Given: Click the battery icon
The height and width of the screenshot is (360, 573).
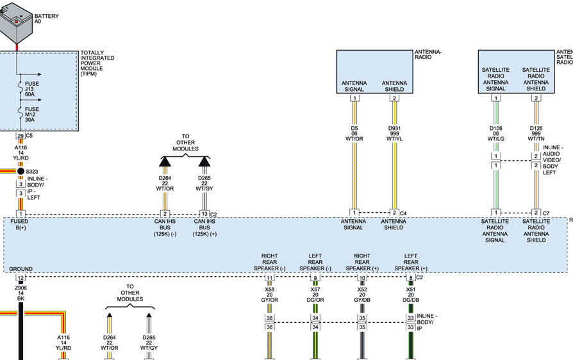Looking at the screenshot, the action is tap(15, 22).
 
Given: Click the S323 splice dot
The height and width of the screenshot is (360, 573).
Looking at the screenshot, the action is tap(21, 171).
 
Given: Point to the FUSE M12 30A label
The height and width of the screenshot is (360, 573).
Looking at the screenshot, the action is tap(32, 114).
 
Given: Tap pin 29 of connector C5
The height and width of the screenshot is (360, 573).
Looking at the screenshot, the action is tap(21, 136).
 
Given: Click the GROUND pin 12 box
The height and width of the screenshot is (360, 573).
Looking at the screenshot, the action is tap(21, 278).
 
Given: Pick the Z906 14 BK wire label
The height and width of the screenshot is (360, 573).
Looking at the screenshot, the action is tap(21, 293).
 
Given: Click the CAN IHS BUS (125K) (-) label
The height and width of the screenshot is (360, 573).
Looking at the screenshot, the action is tap(165, 227).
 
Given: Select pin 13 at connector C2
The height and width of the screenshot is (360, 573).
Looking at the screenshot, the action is tap(204, 213).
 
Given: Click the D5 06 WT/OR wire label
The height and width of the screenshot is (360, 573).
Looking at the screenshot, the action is tap(354, 134).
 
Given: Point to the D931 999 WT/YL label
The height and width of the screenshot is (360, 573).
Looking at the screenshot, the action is tap(394, 134).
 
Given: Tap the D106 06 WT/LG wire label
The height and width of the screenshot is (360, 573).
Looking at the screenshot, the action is tap(496, 134).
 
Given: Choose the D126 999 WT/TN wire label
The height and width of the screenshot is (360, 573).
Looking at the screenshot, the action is tap(536, 134).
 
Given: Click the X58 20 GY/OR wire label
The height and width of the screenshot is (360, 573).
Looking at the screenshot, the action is tap(269, 295).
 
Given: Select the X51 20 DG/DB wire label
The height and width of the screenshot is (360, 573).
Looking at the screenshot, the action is tap(411, 295).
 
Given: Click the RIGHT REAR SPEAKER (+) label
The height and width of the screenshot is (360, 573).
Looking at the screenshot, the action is tap(362, 262).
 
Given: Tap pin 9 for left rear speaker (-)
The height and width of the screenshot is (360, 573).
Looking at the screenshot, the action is tap(315, 278).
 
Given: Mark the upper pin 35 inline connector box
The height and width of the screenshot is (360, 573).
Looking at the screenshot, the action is tap(362, 318).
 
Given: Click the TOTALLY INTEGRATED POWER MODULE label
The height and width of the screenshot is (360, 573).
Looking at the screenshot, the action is tap(97, 63).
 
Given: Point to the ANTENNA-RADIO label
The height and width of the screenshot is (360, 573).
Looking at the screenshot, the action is tap(428, 54).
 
